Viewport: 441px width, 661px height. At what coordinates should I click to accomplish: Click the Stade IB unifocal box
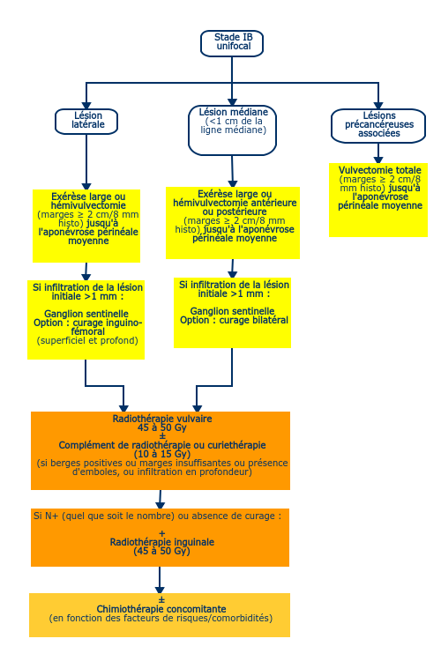(232, 43)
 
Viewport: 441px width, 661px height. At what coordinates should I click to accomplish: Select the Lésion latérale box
(86, 122)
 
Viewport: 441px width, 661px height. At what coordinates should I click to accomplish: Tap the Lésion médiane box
(232, 130)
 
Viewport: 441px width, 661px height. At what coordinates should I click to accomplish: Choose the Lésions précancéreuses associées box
(378, 126)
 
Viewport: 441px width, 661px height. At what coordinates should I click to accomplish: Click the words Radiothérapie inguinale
(162, 542)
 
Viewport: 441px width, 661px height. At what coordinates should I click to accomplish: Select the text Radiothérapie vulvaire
(162, 419)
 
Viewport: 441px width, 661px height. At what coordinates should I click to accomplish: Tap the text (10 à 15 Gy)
(162, 454)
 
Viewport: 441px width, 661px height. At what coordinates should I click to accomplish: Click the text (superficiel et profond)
(87, 340)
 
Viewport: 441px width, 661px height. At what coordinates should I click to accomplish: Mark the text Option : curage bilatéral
(235, 321)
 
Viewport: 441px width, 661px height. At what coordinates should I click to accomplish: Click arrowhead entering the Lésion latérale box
(86, 106)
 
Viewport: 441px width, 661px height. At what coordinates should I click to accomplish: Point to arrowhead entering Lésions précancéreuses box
(378, 106)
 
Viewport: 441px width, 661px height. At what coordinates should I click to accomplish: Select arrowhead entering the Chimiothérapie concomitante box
(160, 590)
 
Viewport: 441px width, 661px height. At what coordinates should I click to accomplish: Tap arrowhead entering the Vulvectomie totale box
(378, 160)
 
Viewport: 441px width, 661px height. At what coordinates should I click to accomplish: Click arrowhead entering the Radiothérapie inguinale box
(160, 505)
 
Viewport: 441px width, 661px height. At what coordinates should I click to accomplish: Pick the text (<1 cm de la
(234, 121)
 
